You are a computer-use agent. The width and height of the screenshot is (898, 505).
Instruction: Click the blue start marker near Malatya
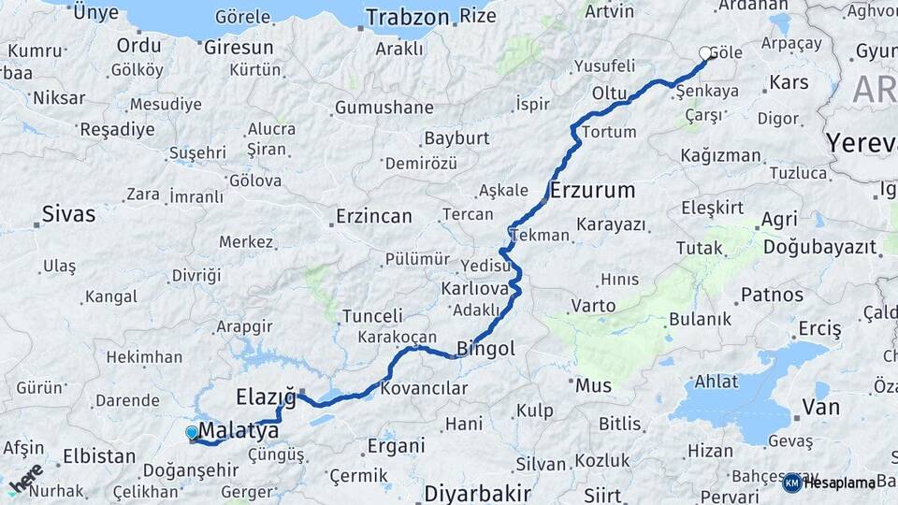[x=192, y=432]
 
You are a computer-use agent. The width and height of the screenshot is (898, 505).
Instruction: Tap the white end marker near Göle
[x=706, y=54]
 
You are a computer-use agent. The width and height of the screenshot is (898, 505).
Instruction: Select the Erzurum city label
[x=593, y=191]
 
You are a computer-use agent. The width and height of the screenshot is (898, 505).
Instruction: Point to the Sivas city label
[x=68, y=214]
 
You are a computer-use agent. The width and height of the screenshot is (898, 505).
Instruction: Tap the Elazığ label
[x=266, y=397]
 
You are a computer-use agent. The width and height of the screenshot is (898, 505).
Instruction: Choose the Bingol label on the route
[x=485, y=349]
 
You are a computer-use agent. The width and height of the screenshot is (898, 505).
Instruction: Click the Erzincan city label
[x=372, y=217]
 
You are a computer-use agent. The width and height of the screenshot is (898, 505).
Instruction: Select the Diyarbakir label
[x=477, y=492]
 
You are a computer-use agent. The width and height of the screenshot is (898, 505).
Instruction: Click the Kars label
[x=788, y=83]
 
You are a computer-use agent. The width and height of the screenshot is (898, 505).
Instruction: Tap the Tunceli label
[x=372, y=316]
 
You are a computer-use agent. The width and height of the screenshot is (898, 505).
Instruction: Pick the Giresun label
[x=238, y=47]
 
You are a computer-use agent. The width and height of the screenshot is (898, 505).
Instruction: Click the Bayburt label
[x=456, y=138]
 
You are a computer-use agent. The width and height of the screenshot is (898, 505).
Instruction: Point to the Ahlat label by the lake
[x=716, y=382]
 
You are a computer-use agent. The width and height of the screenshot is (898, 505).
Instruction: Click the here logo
[x=25, y=479]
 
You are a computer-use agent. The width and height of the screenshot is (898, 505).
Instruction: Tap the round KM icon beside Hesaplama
[x=791, y=483]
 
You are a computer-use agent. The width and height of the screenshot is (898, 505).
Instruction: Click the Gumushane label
[x=384, y=108]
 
